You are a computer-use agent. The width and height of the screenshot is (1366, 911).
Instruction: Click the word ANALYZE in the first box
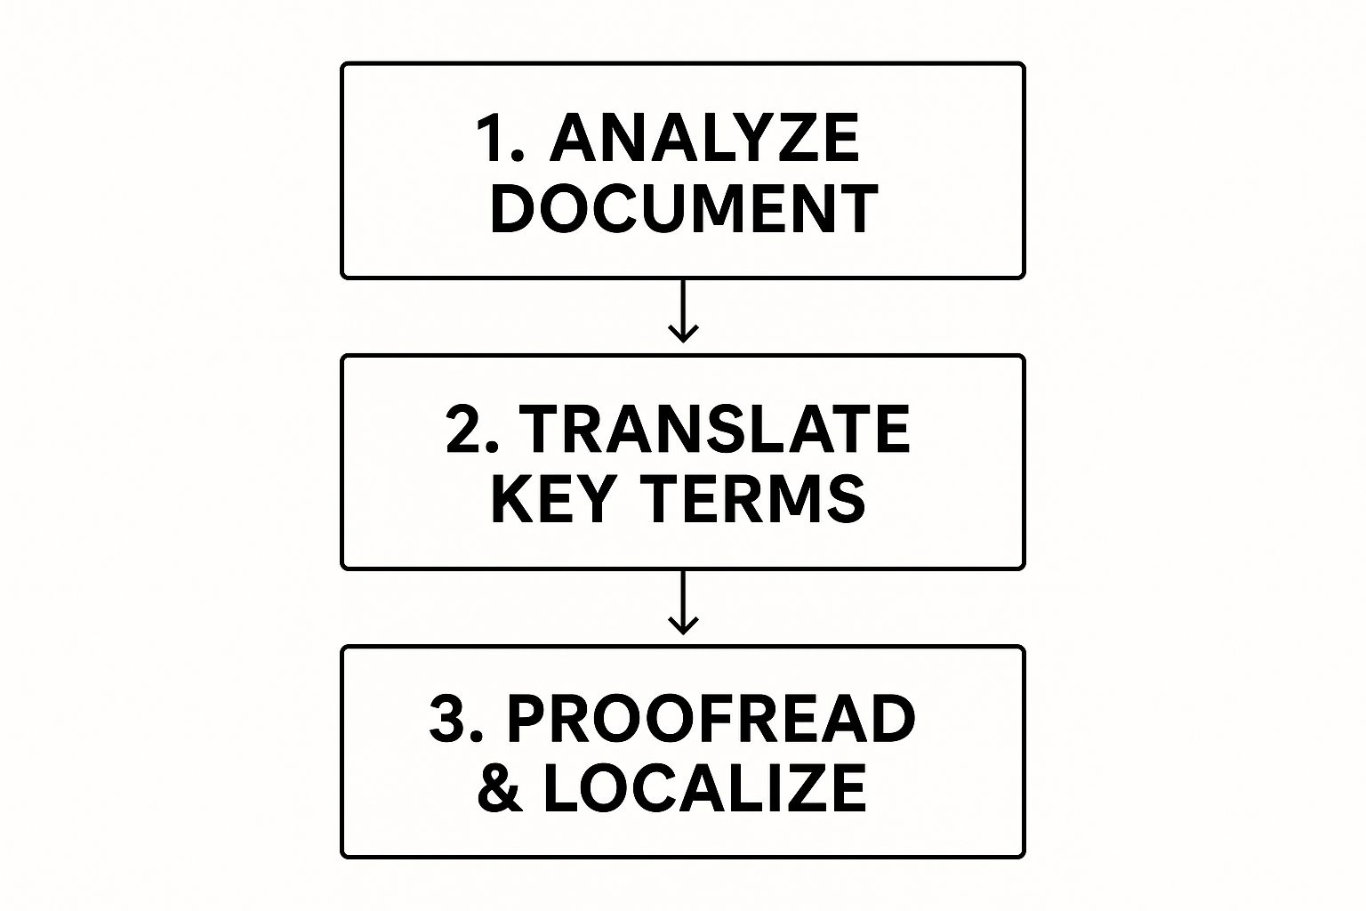point(704,138)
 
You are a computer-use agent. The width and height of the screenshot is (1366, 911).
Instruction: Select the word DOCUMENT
point(684,209)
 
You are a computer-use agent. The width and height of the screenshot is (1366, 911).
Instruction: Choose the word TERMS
point(755,498)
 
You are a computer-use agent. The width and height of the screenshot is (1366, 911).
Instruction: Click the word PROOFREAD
point(711,719)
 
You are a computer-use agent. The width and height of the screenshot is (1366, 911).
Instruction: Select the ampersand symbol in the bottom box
point(500,788)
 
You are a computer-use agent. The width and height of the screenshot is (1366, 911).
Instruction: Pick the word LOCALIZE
point(704,788)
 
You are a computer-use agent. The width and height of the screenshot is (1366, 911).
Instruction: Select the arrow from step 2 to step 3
point(683,601)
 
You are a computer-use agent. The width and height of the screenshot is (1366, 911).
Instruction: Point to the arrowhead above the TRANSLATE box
point(683,335)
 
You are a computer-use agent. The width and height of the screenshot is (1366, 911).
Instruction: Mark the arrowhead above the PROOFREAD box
point(683,626)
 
